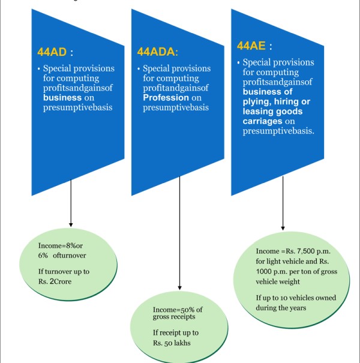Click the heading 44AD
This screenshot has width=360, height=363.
(x=52, y=49)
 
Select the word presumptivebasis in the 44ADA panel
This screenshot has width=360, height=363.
(x=175, y=108)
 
